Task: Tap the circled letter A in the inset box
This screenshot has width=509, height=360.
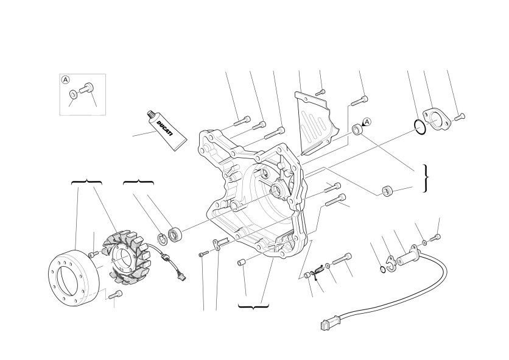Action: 66,80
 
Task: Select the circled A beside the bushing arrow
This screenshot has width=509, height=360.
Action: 367,122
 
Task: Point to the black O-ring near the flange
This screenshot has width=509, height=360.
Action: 419,127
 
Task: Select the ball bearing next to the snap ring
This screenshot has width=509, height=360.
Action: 175,235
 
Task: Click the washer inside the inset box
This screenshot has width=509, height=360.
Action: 73,94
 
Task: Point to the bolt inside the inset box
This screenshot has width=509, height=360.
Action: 86,88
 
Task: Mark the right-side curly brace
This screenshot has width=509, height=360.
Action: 426,178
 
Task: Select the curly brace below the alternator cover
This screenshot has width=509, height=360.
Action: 253,306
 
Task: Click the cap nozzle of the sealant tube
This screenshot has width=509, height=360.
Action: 151,114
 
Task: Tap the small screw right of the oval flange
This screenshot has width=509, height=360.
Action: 460,116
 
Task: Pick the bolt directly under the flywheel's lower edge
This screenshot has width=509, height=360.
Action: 116,294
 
